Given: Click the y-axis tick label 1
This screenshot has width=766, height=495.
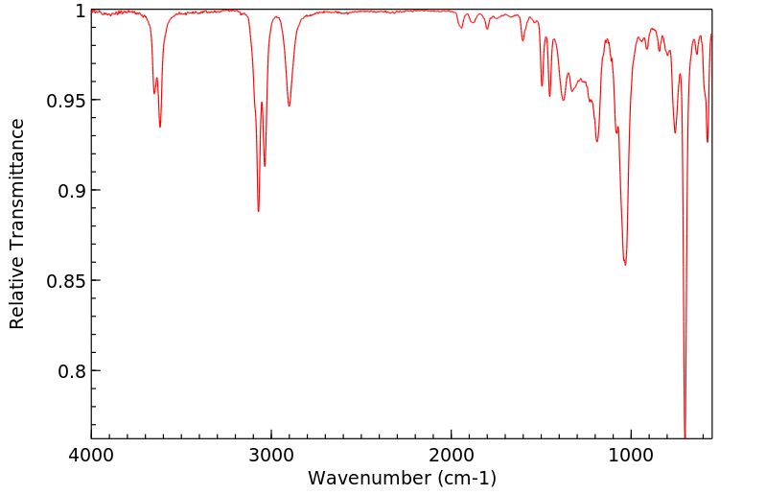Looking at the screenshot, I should click(80, 11).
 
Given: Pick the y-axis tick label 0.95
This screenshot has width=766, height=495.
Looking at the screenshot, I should click(67, 101).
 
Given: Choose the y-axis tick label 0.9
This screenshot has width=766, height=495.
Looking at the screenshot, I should click(73, 191).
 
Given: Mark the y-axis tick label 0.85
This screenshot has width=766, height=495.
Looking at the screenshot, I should click(67, 281).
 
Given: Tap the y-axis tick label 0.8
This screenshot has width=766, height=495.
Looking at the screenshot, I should click(73, 371).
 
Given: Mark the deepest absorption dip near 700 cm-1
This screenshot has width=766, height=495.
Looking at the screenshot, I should click(685, 436).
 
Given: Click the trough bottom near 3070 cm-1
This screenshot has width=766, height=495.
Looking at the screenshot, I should click(259, 211).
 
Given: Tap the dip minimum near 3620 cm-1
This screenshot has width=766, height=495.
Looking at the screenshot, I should click(160, 127).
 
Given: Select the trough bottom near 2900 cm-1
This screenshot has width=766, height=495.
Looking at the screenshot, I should click(289, 106).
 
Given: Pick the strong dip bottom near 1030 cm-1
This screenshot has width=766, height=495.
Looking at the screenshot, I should click(625, 264).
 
